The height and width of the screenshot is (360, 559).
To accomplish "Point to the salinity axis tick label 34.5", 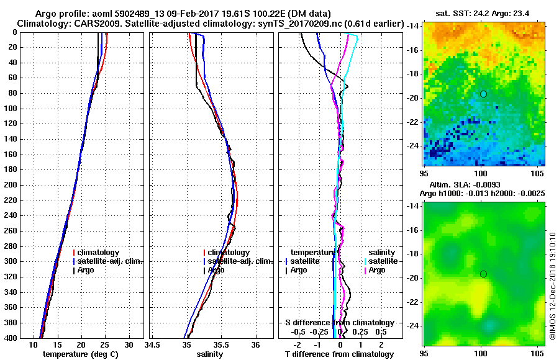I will coord(153,346).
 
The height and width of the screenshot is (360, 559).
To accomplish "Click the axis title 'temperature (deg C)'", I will coord(80,354).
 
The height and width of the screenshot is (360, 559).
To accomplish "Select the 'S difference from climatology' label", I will coord(340,323).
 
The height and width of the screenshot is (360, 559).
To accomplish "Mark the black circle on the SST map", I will coord(483,94).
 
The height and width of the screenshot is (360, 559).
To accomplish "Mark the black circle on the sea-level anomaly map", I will coord(483,274).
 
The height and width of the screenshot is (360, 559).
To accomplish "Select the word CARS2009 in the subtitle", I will coord(91,24).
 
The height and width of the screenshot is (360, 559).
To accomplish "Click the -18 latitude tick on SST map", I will coord(414,74).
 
